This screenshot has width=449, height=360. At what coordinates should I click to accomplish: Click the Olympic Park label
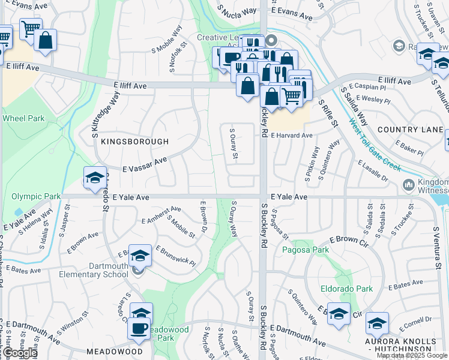click(x=36, y=196)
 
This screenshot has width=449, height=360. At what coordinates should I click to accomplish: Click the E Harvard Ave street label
click(x=292, y=136)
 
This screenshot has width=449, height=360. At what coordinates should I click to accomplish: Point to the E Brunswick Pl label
click(x=176, y=256)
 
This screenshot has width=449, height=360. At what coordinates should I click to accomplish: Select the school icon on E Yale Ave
click(x=95, y=178)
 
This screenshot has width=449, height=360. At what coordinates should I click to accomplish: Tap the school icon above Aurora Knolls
click(x=376, y=324)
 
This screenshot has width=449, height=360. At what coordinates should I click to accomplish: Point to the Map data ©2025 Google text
click(x=412, y=355)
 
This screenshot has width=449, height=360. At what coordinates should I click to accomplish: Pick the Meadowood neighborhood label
click(x=115, y=351)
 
